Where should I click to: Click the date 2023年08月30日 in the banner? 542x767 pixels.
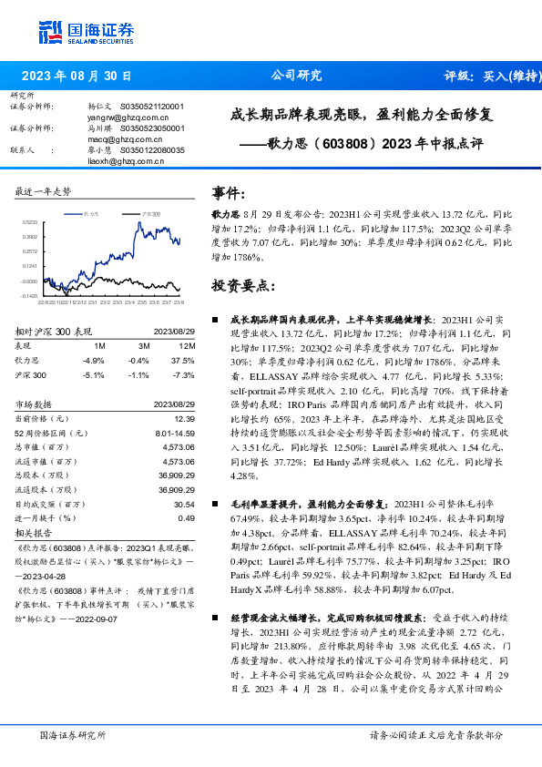pyautogui.click(x=76, y=77)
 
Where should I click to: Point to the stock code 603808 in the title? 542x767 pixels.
pyautogui.click(x=347, y=143)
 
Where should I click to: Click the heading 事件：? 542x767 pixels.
pyautogui.click(x=229, y=193)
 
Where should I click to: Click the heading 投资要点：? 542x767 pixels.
pyautogui.click(x=242, y=285)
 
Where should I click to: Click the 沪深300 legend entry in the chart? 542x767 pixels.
pyautogui.click(x=151, y=212)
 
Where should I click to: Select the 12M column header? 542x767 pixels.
pyautogui.click(x=188, y=346)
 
